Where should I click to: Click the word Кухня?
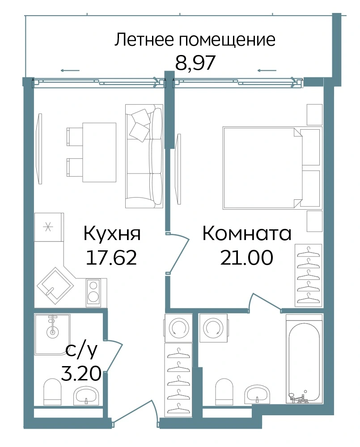point(112,234)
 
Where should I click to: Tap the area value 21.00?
point(247,257)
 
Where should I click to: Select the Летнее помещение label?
point(195,40)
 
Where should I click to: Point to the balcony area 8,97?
point(195,63)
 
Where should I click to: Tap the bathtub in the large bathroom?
point(304,359)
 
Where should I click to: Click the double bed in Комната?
point(271,168)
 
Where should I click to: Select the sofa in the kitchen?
point(144,156)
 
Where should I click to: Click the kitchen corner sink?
point(55,286)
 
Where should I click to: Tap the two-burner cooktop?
point(93,293)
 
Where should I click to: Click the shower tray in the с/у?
point(52,334)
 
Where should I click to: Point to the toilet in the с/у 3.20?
point(53,392)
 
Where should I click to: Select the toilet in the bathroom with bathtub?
point(225,392)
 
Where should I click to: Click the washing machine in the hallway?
point(178,328)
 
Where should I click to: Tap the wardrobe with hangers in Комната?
point(308,275)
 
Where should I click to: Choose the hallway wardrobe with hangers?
point(178,378)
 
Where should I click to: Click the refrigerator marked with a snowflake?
point(48,227)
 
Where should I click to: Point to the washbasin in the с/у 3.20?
point(86,396)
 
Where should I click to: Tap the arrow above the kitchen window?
point(70,71)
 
